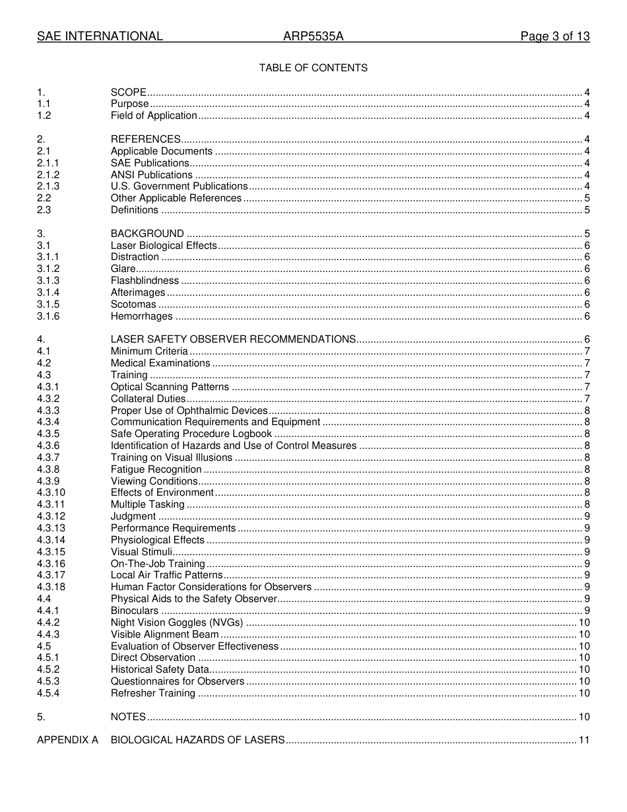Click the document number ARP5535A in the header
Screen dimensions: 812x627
click(x=313, y=36)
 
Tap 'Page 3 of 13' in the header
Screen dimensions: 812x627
click(x=554, y=36)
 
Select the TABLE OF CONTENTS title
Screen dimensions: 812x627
click(x=313, y=68)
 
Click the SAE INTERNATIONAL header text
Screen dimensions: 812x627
click(x=100, y=36)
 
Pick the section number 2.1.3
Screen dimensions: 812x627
click(x=48, y=186)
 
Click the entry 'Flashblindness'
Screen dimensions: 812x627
click(x=145, y=281)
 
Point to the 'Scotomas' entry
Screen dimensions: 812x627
click(x=133, y=304)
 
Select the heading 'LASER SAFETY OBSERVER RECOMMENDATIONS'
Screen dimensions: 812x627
click(x=233, y=339)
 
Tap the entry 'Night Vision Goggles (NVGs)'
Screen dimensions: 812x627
click(x=177, y=623)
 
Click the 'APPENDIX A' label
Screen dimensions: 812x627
click(x=67, y=740)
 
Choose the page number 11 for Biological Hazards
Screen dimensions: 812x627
click(x=584, y=740)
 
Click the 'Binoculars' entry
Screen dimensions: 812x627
click(x=135, y=611)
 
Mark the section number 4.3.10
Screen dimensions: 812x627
click(x=51, y=492)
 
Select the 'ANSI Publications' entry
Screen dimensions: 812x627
click(x=152, y=175)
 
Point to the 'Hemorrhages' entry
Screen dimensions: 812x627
click(x=141, y=316)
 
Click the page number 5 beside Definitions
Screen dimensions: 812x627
click(x=587, y=210)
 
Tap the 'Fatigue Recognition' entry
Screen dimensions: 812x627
click(x=156, y=469)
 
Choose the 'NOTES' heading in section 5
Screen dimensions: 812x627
click(x=128, y=717)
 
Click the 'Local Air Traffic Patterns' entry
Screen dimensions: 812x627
click(x=167, y=575)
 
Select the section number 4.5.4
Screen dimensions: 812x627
click(x=48, y=693)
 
